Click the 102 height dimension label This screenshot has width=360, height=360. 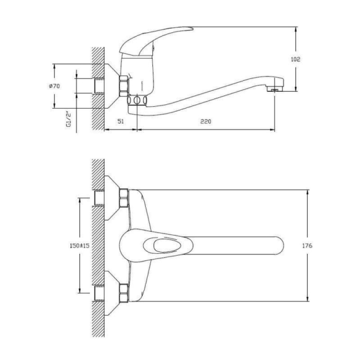coord(295,59)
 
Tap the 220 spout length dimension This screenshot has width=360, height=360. coord(206,121)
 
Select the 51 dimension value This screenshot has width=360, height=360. coord(121,121)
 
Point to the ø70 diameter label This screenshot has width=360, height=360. coord(54,86)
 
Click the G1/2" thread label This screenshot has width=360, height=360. coord(68,119)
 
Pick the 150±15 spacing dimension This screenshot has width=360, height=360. coord(80,246)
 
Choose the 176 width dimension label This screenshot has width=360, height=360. coord(307,246)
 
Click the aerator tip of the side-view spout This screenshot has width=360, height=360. coord(274,89)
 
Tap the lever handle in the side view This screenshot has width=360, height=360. coord(156,41)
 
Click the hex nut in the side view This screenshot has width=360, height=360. coord(124,86)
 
